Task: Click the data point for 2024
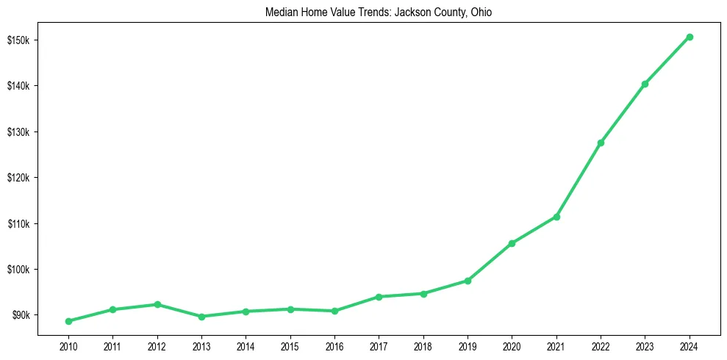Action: tap(690, 37)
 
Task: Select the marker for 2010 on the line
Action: tap(68, 321)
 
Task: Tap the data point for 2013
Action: tap(201, 317)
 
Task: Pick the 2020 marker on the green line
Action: tap(512, 243)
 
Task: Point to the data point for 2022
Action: tap(601, 143)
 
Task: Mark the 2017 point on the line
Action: tap(379, 297)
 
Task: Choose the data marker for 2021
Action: tap(556, 217)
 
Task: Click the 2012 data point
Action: tap(157, 304)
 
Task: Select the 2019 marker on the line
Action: tap(468, 281)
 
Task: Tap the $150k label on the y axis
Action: tap(19, 40)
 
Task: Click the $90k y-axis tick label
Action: tap(21, 315)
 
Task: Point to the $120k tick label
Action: tap(19, 178)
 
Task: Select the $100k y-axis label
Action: tap(19, 269)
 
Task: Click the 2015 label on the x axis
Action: tap(290, 345)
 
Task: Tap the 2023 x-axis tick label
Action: tap(645, 345)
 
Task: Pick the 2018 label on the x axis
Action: tap(423, 345)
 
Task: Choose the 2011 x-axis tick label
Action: tap(112, 345)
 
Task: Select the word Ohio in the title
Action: tap(481, 12)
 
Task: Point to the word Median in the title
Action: tap(280, 12)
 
